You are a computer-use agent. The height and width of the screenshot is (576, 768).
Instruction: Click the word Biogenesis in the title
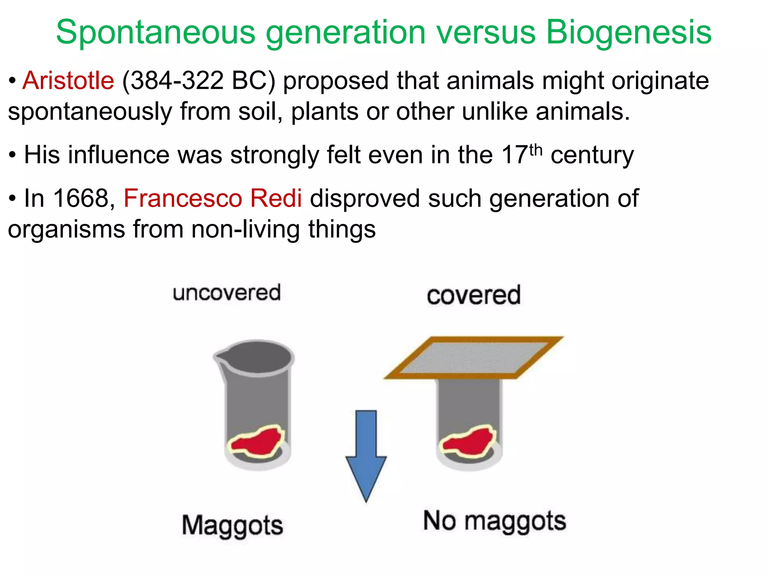pos(628,33)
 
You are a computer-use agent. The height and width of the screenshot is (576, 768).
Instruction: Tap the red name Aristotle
pos(68,81)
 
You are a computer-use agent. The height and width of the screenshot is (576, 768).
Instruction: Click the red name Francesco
pos(183,198)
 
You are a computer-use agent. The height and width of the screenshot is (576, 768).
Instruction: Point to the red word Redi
pos(276,198)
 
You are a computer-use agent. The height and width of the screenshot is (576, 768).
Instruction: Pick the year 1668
pos(80,198)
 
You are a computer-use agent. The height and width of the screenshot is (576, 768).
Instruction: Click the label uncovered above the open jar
pos(226,293)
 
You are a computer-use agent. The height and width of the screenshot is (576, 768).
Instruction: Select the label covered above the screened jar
pos(474,295)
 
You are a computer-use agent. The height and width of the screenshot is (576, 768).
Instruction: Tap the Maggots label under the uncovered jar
pos(232,525)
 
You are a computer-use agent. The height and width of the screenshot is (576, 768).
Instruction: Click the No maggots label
pos(495,521)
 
